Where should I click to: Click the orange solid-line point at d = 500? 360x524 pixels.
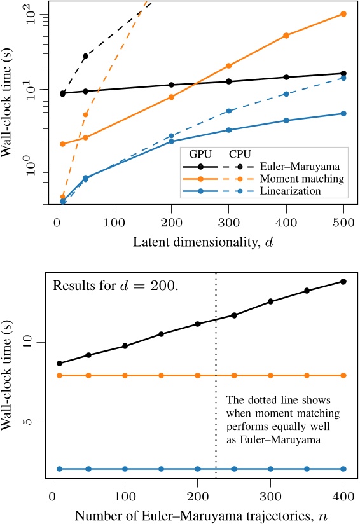coord(343,13)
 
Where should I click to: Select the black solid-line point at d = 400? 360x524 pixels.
coord(286,77)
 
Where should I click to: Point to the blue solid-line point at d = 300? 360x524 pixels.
coord(229,130)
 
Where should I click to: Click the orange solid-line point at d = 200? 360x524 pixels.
coord(171,97)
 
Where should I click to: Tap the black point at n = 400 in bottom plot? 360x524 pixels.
coord(344,281)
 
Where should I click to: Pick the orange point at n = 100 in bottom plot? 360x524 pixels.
coord(125,375)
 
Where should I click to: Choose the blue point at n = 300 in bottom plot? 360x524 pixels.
coord(271,469)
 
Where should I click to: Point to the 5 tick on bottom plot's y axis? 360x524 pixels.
coord(39,422)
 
